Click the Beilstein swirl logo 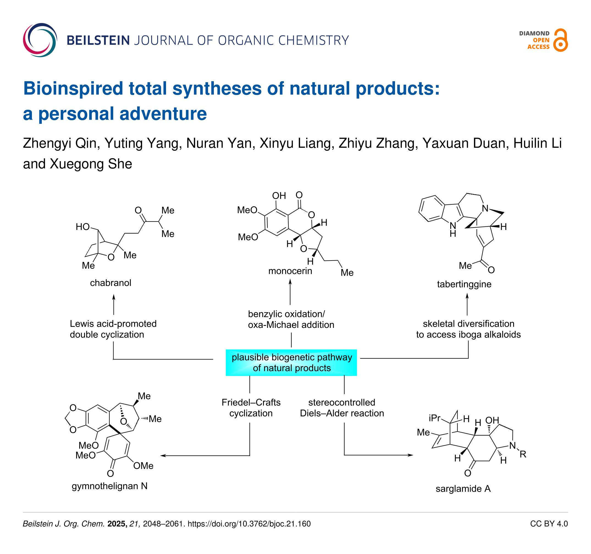pyautogui.click(x=40, y=40)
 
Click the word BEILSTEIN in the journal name pyautogui.click(x=98, y=40)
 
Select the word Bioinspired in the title pyautogui.click(x=73, y=88)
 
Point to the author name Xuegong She pyautogui.click(x=91, y=164)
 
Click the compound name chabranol pyautogui.click(x=111, y=283)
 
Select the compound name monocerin pyautogui.click(x=290, y=271)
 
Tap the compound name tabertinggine pyautogui.click(x=464, y=284)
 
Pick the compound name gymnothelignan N pyautogui.click(x=110, y=486)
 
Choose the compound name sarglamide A pyautogui.click(x=463, y=489)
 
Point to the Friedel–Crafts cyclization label pyautogui.click(x=251, y=408)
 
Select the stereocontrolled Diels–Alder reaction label pyautogui.click(x=342, y=408)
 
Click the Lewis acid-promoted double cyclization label pyautogui.click(x=113, y=329)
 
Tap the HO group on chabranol pyautogui.click(x=83, y=227)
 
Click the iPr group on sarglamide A pyautogui.click(x=434, y=418)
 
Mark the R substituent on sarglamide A pyautogui.click(x=523, y=454)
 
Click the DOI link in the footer pyautogui.click(x=249, y=524)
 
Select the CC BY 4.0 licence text pyautogui.click(x=549, y=524)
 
